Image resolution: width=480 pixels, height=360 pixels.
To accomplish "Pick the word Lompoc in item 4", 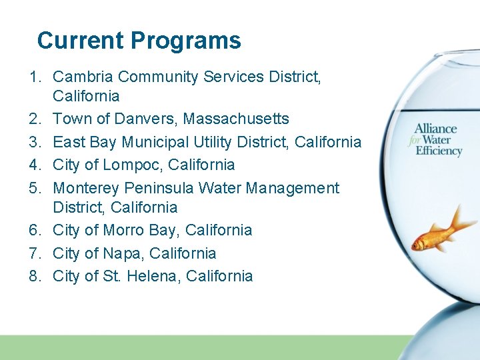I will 127,165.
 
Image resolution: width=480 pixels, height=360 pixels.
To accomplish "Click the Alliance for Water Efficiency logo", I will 437,140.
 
